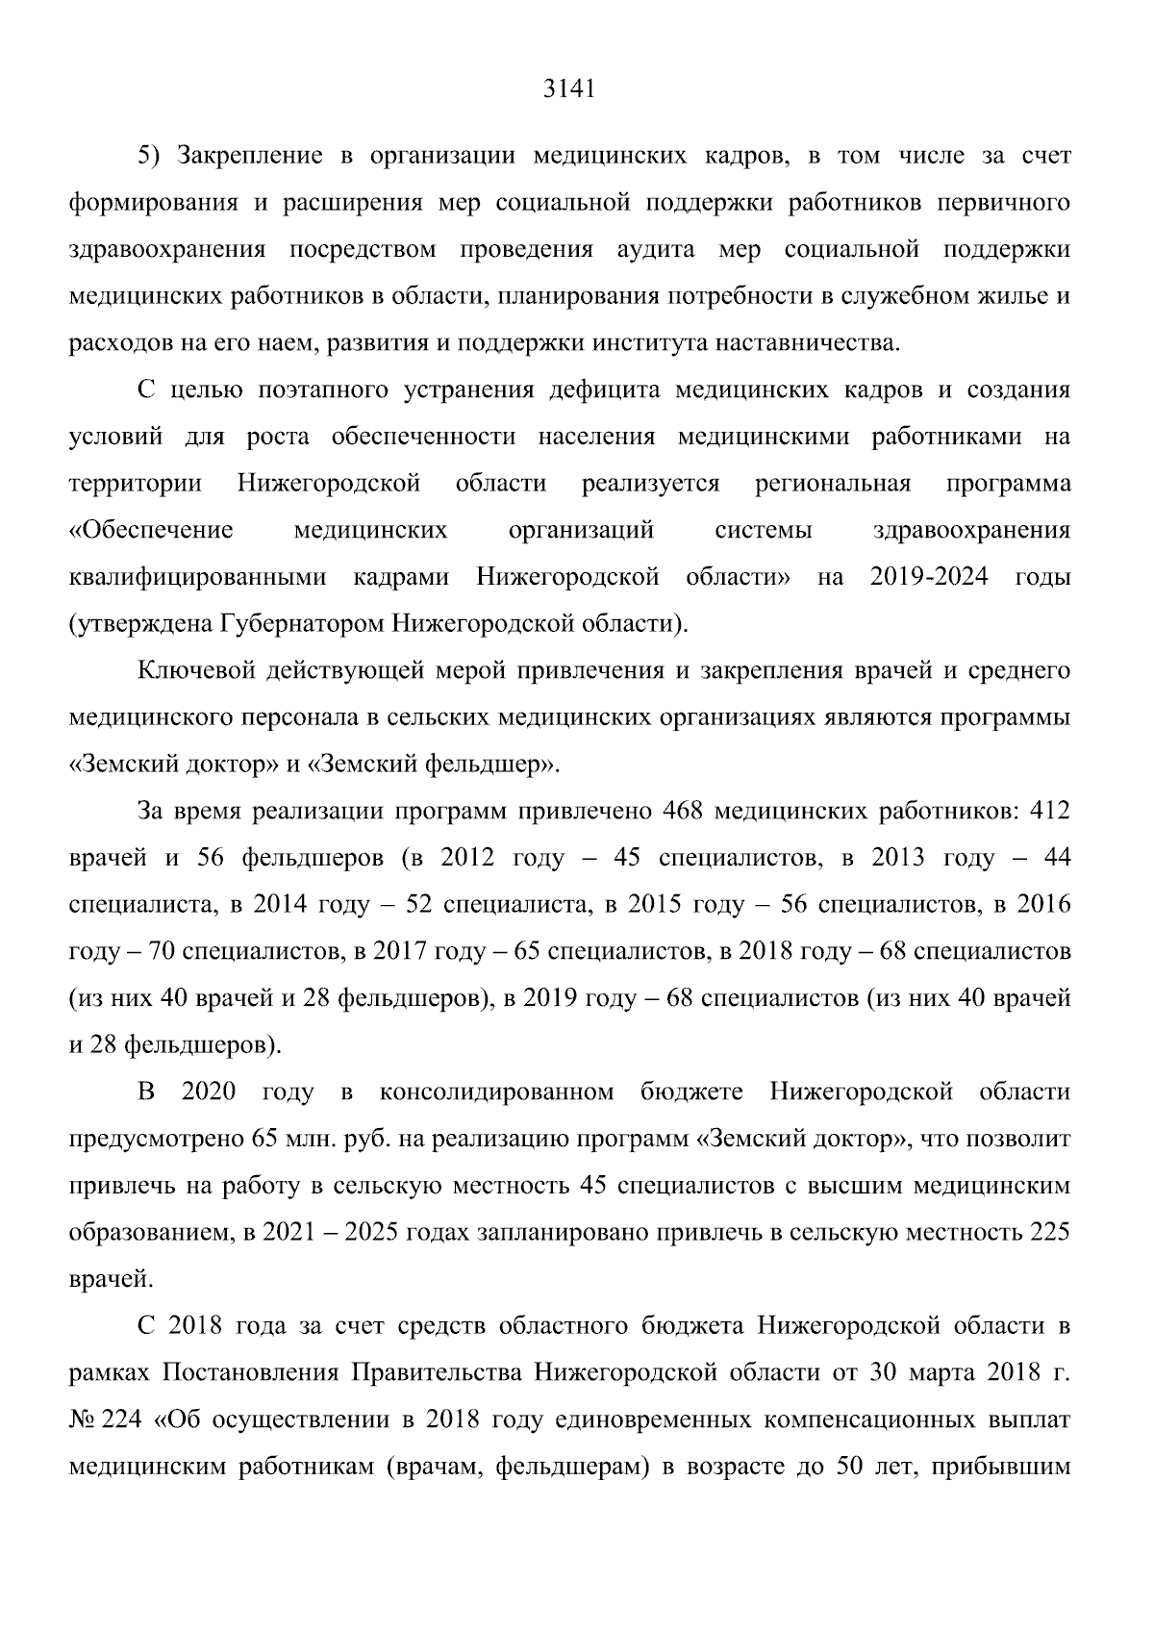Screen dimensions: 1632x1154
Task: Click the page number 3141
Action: tap(569, 89)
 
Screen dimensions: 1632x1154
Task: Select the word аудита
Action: tap(655, 250)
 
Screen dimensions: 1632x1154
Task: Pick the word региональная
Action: tap(833, 484)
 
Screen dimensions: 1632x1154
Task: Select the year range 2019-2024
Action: tap(929, 578)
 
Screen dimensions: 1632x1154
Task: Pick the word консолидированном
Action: tap(496, 1092)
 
